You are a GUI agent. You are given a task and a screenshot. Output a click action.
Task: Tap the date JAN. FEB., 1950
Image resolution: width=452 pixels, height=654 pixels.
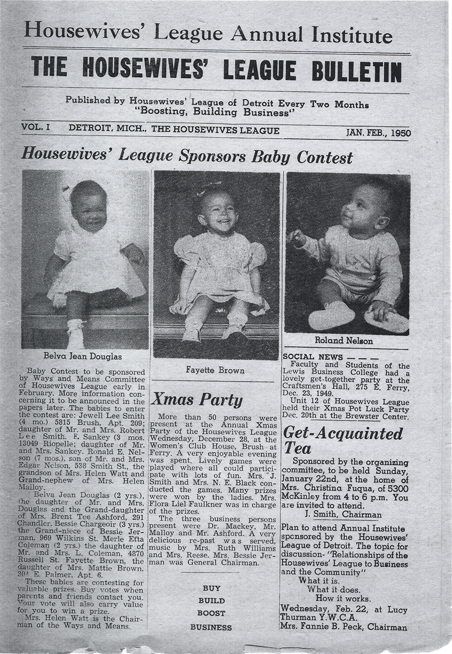pos(378,132)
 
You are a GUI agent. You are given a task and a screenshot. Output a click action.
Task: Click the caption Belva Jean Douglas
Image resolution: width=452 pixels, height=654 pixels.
pos(82,357)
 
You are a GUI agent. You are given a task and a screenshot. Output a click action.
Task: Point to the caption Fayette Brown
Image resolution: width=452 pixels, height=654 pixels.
pos(215,371)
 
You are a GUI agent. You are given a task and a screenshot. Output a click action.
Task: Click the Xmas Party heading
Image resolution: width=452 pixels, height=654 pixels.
pos(197,400)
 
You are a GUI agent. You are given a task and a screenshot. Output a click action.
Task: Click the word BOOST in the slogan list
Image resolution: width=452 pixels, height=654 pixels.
pos(211,613)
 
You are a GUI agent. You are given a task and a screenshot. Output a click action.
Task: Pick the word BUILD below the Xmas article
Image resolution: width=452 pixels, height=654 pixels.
pos(211,601)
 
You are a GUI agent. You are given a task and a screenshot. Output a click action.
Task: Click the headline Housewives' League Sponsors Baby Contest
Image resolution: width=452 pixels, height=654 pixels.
pos(187,157)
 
